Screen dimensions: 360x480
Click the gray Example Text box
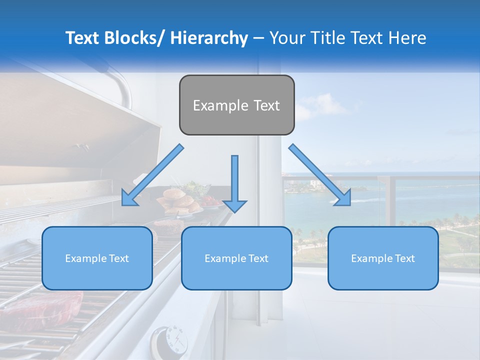coord(236,105)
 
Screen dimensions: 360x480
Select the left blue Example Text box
coord(97,258)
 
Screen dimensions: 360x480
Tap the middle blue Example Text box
coord(236,258)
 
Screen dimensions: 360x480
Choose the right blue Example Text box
coord(383,258)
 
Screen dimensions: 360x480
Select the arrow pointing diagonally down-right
coord(320,175)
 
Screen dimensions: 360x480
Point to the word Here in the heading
coord(407,38)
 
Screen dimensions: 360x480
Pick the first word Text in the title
coord(83,38)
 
